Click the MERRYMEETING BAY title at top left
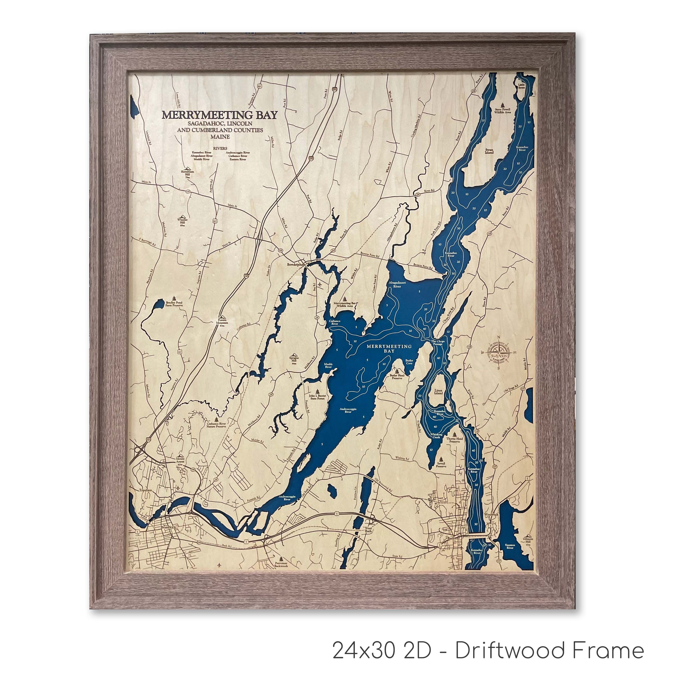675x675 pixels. pos(219,115)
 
